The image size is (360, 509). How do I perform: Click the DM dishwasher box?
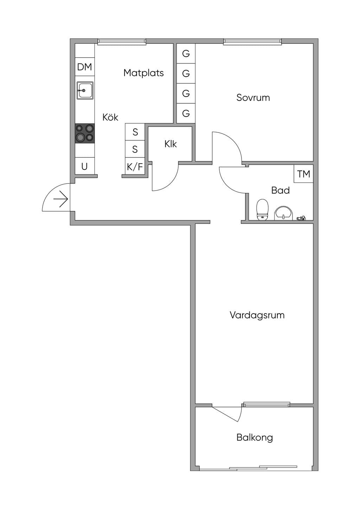[84, 67]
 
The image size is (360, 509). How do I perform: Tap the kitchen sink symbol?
[85, 90]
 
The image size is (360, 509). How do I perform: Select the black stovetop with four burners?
[85, 133]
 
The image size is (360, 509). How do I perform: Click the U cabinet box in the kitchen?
[84, 167]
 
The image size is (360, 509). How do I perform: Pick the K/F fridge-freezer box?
[135, 167]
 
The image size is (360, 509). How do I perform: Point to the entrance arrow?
[61, 199]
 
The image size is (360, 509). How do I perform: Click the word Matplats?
[144, 73]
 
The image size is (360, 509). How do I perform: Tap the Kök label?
[110, 117]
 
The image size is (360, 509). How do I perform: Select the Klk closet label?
[171, 144]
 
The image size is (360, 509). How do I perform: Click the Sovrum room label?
[253, 98]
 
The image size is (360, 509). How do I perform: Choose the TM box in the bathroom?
[304, 174]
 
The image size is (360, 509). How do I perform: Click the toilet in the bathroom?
[262, 210]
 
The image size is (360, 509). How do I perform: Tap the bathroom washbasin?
[284, 213]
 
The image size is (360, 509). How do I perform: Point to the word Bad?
[281, 190]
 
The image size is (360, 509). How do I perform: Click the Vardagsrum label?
[257, 315]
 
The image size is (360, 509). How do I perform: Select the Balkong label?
[255, 437]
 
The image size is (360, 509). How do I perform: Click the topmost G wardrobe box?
[186, 54]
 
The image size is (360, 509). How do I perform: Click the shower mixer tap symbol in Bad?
[301, 218]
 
